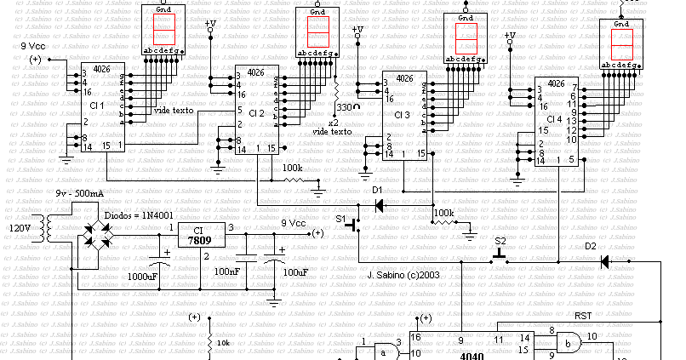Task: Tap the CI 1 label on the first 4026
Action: click(96, 106)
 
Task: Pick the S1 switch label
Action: click(345, 220)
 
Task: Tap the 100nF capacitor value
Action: click(226, 271)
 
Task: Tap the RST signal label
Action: click(584, 316)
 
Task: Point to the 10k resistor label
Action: click(222, 342)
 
